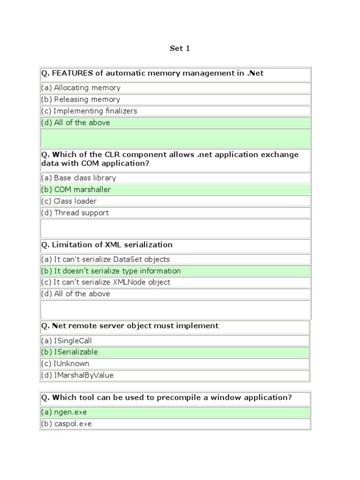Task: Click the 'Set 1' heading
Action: tap(180, 48)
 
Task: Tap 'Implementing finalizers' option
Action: tap(89, 111)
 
